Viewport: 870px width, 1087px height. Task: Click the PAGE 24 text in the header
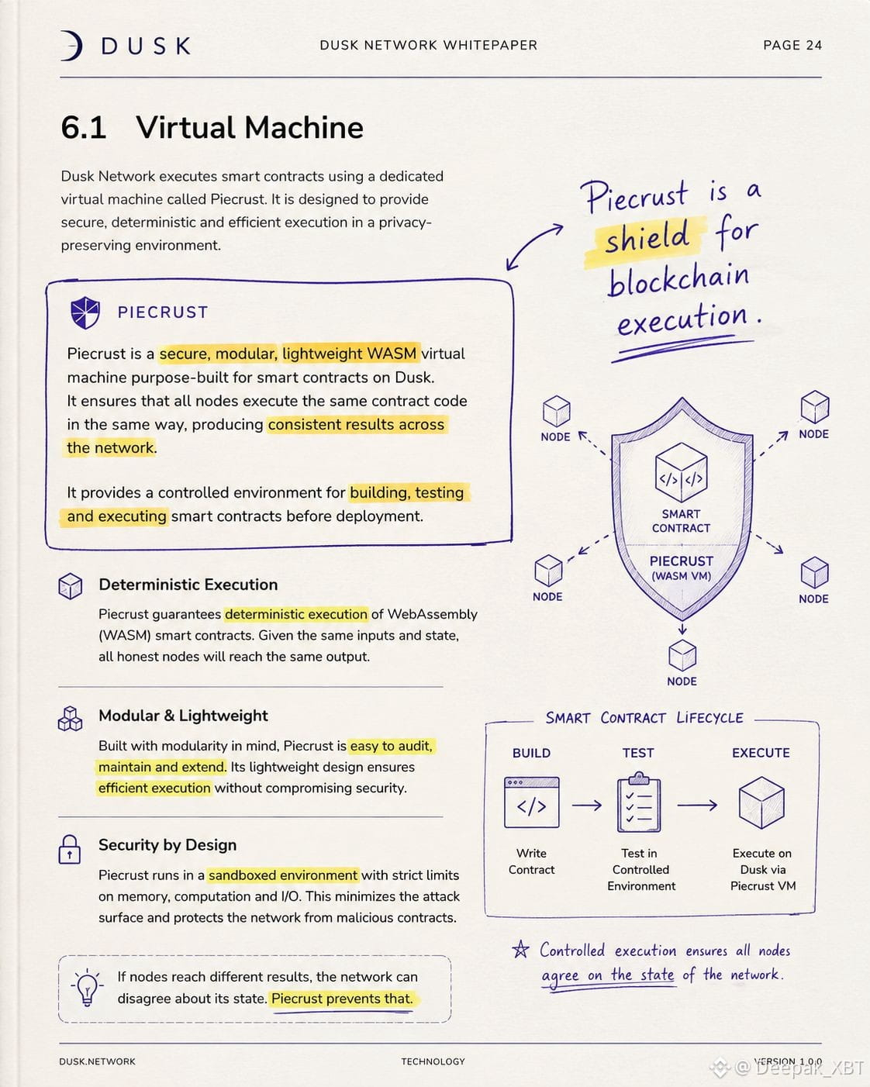coord(792,46)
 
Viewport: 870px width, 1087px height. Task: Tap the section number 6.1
coord(84,127)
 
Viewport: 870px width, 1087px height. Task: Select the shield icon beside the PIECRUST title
coord(85,312)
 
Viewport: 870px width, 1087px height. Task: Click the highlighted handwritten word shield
coord(647,236)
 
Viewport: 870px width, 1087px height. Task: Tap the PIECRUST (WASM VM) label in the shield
coord(681,568)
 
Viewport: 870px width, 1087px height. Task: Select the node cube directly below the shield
coord(682,656)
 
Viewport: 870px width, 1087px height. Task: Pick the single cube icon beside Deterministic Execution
coord(71,586)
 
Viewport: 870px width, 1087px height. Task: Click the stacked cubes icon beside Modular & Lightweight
coord(71,718)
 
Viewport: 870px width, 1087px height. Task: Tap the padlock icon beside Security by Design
coord(70,849)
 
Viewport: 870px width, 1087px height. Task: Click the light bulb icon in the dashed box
coord(87,987)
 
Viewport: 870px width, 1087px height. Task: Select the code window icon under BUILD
coord(531,802)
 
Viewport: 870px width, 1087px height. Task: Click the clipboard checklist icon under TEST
coord(639,802)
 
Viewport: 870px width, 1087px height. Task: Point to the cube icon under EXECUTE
coord(761,802)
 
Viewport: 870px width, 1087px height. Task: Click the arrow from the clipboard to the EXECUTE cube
coord(697,805)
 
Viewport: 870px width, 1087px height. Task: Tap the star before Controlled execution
coord(520,950)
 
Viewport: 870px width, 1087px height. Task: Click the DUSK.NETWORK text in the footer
coord(97,1061)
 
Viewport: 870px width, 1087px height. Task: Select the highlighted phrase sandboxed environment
coord(283,875)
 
